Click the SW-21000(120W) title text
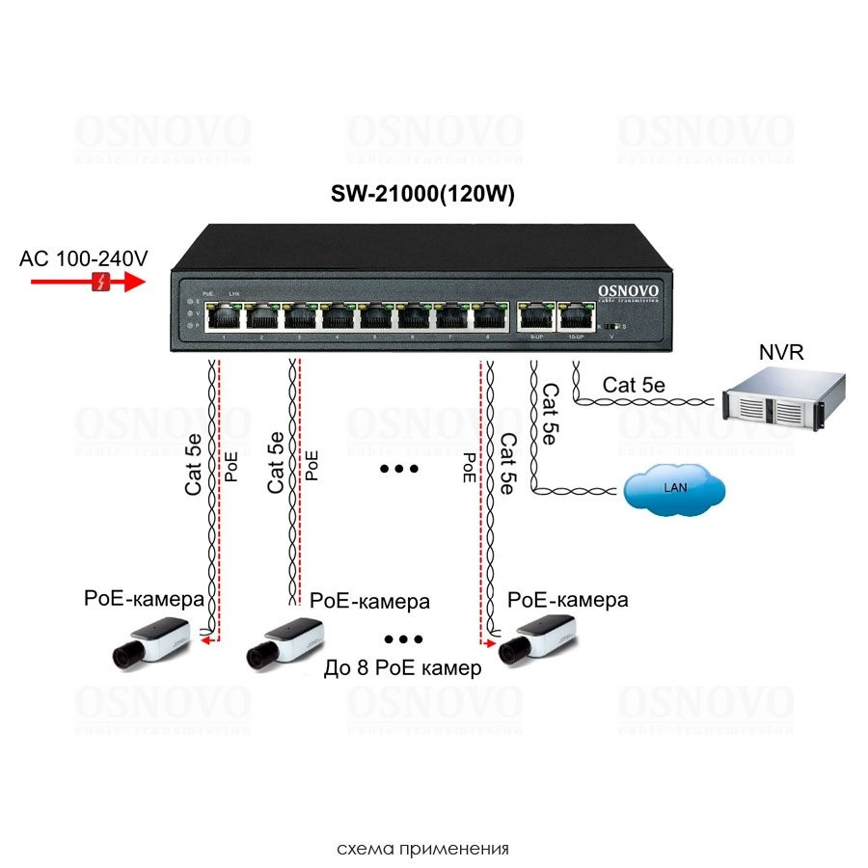[x=422, y=194]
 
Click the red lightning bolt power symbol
[x=98, y=282]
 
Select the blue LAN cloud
[x=674, y=489]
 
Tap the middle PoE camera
[x=285, y=642]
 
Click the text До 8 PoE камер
[x=403, y=667]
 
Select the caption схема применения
[x=422, y=850]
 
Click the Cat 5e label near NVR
[x=634, y=385]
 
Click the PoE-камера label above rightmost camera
[x=568, y=600]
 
